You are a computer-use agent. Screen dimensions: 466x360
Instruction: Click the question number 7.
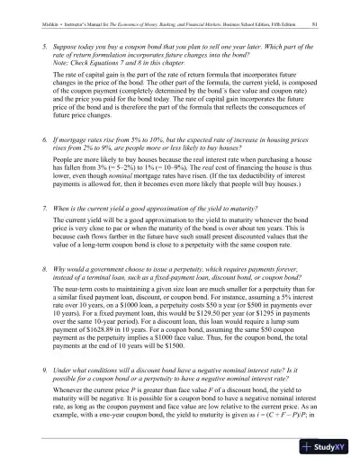pos(46,231)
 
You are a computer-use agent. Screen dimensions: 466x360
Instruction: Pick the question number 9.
pos(46,395)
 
